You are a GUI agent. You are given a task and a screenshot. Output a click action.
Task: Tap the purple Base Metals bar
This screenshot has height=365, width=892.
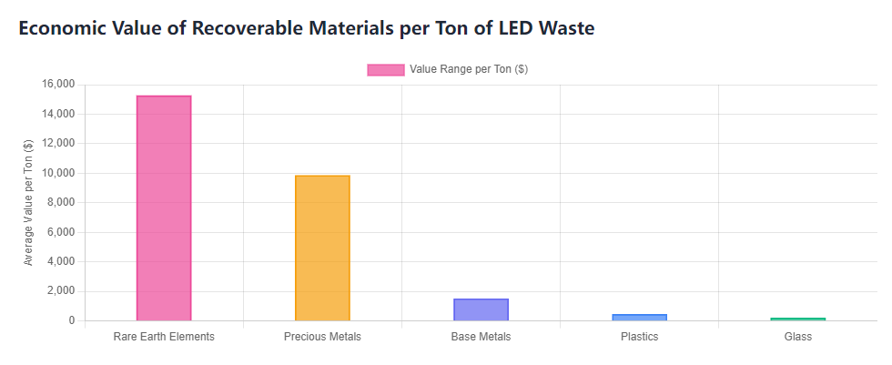pos(481,309)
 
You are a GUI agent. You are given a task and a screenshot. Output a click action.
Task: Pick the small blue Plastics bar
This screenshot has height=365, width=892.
pos(639,318)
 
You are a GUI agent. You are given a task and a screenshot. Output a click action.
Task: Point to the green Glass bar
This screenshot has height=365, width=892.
pos(797,319)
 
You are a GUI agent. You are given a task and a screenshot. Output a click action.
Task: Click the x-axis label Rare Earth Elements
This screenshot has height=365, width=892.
pos(164,337)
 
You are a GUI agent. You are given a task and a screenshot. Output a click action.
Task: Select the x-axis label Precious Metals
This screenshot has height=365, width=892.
pos(322,337)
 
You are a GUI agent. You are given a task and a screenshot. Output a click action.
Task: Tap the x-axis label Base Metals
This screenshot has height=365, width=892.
pos(481,337)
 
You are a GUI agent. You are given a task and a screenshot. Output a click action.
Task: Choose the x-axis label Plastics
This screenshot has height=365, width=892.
pos(639,337)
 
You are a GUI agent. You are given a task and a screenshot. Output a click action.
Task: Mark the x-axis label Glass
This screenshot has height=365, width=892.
pos(797,337)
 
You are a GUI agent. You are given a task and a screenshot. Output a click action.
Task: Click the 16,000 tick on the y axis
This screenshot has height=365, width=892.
pos(59,85)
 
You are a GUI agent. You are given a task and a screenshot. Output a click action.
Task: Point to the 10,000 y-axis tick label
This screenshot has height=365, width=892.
pos(59,173)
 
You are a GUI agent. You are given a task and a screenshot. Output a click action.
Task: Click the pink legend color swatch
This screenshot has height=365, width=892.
pos(385,70)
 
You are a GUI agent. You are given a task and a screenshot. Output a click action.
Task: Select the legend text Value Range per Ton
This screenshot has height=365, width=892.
pos(468,70)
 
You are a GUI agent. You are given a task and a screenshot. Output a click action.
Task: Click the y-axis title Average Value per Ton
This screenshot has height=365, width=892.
pos(28,202)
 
